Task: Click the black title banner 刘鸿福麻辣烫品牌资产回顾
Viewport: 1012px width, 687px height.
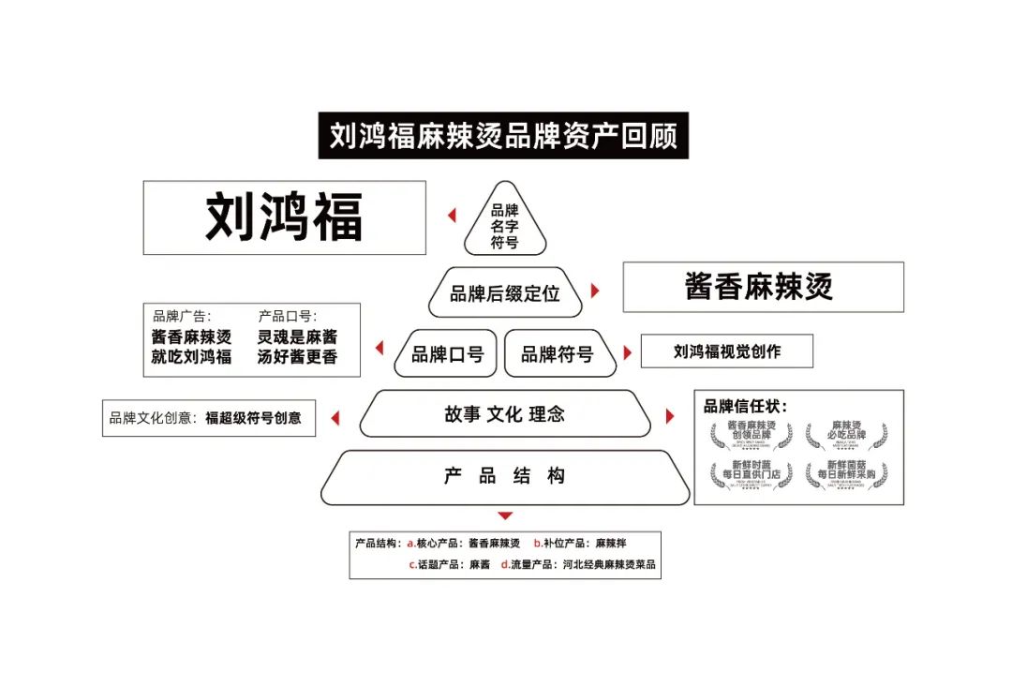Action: tap(503, 136)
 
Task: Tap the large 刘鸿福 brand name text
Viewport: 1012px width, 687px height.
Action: tap(284, 217)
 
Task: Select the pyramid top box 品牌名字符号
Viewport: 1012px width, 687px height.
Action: tap(505, 226)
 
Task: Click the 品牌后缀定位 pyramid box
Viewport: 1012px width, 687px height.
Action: tap(505, 293)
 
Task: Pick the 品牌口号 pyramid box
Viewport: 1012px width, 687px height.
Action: tap(447, 354)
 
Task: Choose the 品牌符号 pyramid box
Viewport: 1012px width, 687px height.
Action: tap(558, 354)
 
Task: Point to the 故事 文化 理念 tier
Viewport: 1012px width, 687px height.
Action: tap(505, 414)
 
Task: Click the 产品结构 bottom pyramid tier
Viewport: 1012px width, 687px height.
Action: tap(505, 476)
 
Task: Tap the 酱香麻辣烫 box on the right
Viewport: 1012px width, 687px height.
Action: tap(763, 286)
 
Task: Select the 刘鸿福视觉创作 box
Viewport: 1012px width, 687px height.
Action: tap(726, 351)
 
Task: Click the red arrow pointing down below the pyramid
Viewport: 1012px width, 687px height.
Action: tap(505, 515)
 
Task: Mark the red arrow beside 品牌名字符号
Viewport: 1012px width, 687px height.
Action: tap(452, 216)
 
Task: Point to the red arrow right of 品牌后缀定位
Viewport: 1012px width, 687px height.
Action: tap(595, 291)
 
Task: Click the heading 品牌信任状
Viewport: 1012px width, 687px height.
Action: tap(746, 407)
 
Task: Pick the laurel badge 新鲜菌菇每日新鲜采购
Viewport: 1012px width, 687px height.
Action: tap(846, 472)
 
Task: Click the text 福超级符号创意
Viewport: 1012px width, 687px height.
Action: tap(253, 418)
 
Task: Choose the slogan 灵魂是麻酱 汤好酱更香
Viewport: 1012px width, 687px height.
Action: tap(297, 347)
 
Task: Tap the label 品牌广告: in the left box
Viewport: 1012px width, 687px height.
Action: tap(182, 316)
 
